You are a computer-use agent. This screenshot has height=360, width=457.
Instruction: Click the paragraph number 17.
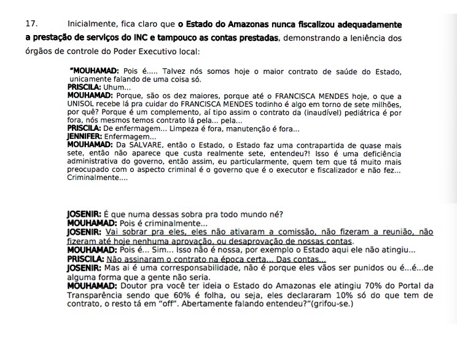(31, 25)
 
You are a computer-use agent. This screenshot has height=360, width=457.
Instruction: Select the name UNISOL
(82, 104)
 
